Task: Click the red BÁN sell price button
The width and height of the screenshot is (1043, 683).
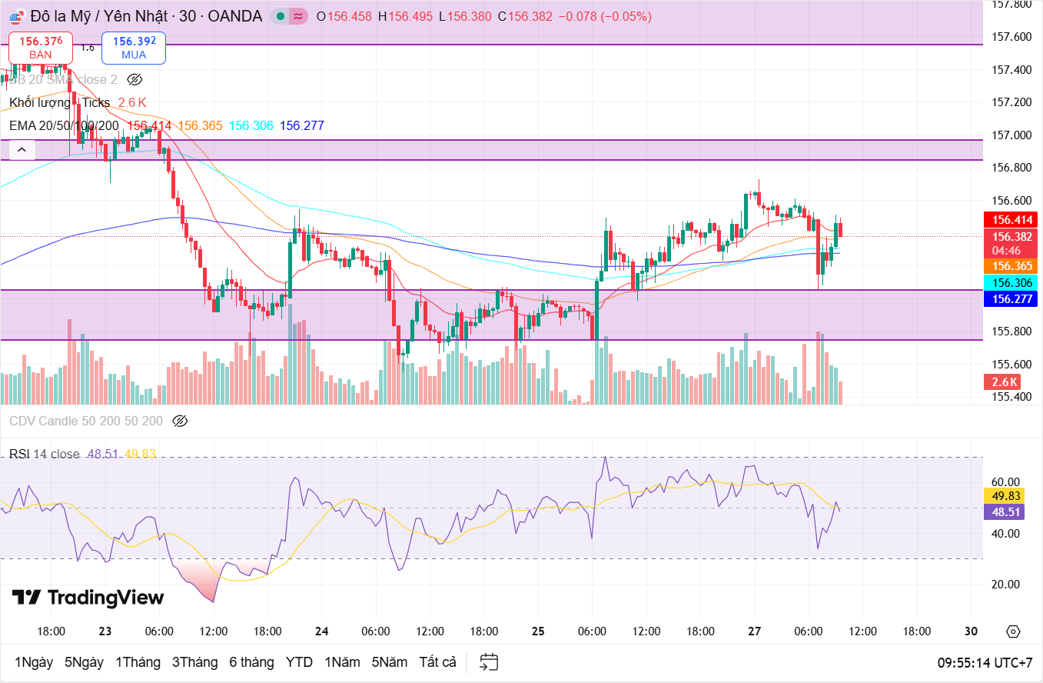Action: tap(41, 47)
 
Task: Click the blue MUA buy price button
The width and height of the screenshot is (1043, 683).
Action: tap(134, 47)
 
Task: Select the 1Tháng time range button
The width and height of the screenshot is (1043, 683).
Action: tap(138, 661)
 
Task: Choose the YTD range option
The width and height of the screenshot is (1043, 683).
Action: tap(299, 661)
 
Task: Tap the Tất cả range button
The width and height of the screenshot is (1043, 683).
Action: tap(437, 661)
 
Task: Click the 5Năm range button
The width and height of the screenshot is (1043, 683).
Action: tap(390, 661)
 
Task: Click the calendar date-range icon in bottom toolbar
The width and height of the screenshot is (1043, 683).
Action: tap(489, 661)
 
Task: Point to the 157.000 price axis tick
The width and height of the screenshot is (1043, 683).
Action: tap(1011, 135)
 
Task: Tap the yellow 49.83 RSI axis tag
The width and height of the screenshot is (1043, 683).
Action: tap(1006, 496)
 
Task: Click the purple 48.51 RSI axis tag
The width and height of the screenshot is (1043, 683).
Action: tap(1006, 511)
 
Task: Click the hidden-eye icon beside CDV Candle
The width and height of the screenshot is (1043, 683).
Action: tap(180, 421)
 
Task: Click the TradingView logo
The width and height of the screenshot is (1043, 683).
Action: tap(88, 598)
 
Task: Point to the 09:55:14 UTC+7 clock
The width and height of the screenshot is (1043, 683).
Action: tap(985, 662)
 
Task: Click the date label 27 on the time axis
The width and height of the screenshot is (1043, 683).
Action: tap(754, 631)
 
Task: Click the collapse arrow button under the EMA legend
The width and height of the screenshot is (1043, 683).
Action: tap(22, 150)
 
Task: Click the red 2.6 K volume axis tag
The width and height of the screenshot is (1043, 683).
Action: tap(1005, 381)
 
